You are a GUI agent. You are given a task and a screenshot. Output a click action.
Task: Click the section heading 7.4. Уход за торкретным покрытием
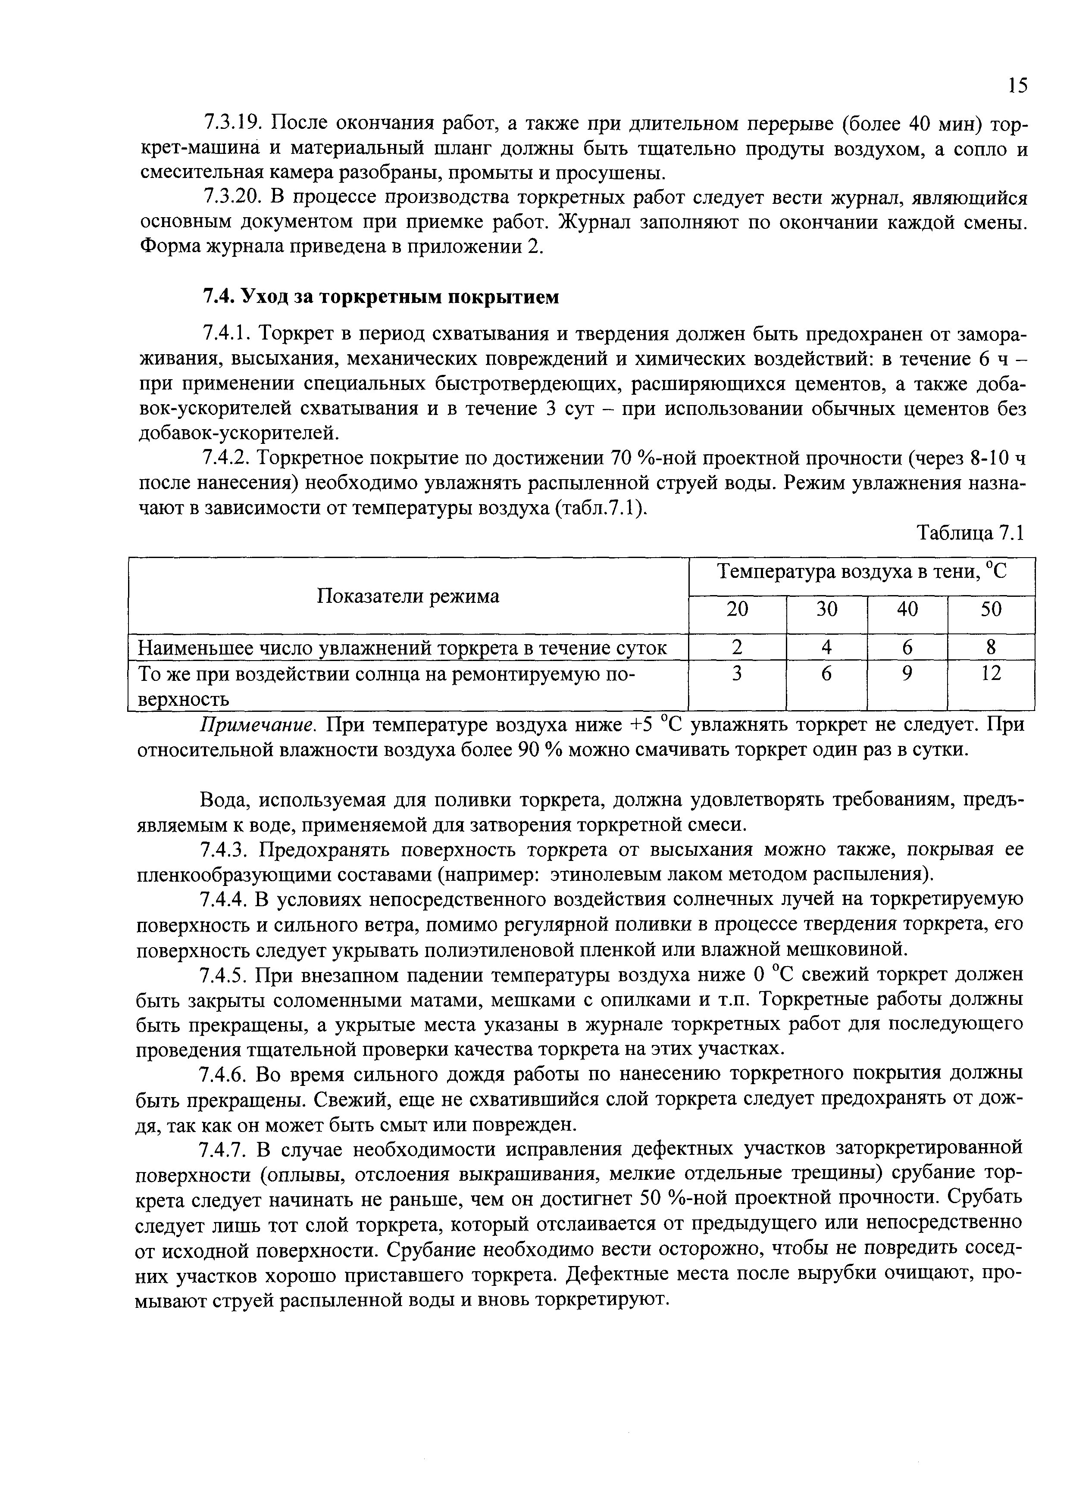(x=380, y=297)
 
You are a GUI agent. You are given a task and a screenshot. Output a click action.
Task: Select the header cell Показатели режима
(x=408, y=596)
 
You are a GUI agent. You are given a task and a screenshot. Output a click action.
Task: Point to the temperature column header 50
(x=990, y=609)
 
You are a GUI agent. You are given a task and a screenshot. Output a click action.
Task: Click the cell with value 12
(x=990, y=674)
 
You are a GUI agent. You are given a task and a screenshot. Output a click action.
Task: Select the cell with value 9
(x=907, y=674)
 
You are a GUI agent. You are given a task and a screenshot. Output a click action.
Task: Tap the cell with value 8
(x=990, y=647)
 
